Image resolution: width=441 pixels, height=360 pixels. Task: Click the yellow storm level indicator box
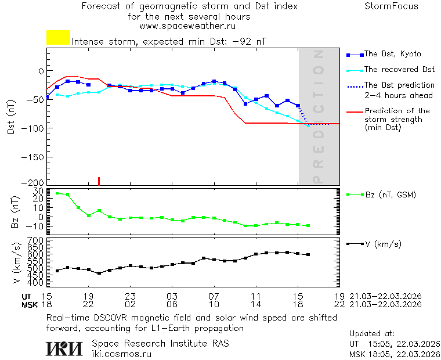(58, 38)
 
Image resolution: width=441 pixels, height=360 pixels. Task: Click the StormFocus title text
(391, 6)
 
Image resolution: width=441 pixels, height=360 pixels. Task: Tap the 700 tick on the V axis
(36, 240)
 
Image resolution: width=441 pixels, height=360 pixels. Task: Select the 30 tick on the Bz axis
(39, 191)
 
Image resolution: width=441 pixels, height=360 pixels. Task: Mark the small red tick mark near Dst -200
(99, 181)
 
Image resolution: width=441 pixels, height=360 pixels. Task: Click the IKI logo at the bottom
(64, 348)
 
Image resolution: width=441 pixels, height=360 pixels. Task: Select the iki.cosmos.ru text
(122, 353)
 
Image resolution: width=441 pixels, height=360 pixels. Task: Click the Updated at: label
(371, 334)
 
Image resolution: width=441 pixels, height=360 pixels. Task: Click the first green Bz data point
(57, 193)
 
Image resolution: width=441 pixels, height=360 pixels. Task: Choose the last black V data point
(308, 254)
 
